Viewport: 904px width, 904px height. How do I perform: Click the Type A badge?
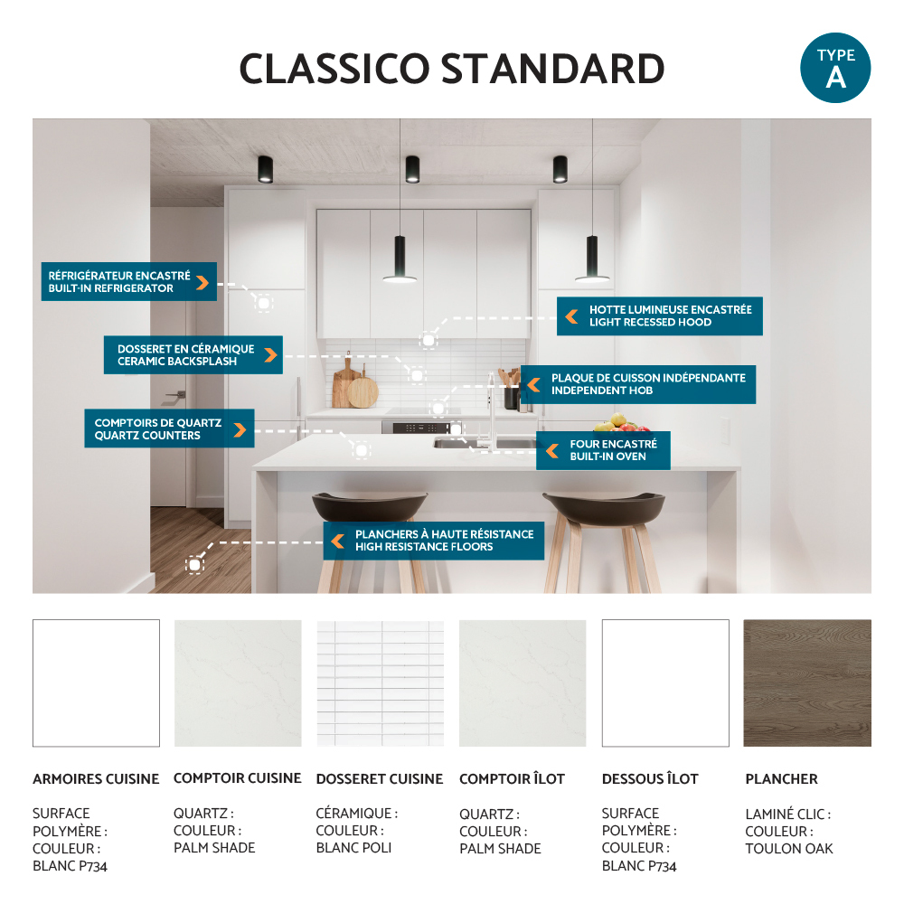point(835,68)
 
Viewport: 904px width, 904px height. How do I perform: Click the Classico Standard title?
point(452,69)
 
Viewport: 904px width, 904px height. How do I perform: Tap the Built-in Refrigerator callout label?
point(129,281)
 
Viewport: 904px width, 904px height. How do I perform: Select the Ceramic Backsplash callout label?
point(193,354)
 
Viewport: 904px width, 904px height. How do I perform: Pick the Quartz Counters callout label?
point(170,428)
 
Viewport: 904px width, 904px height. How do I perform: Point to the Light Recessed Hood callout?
point(660,315)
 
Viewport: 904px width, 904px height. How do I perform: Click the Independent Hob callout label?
point(638,384)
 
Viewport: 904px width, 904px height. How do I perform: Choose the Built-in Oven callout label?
point(603,450)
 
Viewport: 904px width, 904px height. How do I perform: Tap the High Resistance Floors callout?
point(434,541)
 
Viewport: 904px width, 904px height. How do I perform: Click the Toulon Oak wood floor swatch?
point(807,683)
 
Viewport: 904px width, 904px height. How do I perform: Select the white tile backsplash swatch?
point(381,683)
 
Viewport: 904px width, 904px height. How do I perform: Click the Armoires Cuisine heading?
point(96,779)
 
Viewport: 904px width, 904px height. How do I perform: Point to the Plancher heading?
point(781,779)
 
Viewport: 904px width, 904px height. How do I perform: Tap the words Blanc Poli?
point(353,848)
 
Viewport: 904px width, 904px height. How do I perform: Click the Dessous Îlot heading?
point(650,778)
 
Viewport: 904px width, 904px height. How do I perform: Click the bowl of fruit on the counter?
point(622,424)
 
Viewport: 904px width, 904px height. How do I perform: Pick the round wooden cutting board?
point(363,391)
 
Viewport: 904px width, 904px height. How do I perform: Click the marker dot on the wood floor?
point(195,565)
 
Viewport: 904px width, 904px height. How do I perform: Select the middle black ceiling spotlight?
point(412,170)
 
